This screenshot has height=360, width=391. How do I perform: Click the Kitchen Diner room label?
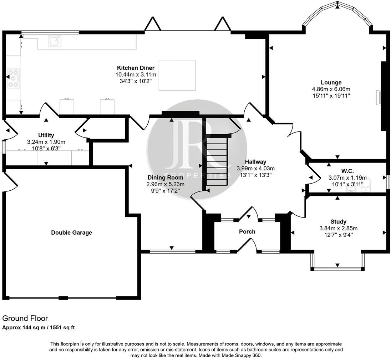click(x=136, y=68)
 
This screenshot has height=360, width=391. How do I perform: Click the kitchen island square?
click(x=177, y=75)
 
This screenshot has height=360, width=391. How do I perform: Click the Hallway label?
click(x=256, y=162)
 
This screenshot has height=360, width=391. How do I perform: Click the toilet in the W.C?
click(x=366, y=184)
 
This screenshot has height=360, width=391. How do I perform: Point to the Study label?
click(x=338, y=222)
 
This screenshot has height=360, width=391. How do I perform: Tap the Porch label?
click(x=247, y=232)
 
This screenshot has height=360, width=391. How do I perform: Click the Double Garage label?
click(x=71, y=233)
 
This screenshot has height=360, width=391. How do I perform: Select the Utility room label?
click(x=46, y=135)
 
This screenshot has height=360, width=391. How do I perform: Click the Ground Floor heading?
click(x=25, y=318)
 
